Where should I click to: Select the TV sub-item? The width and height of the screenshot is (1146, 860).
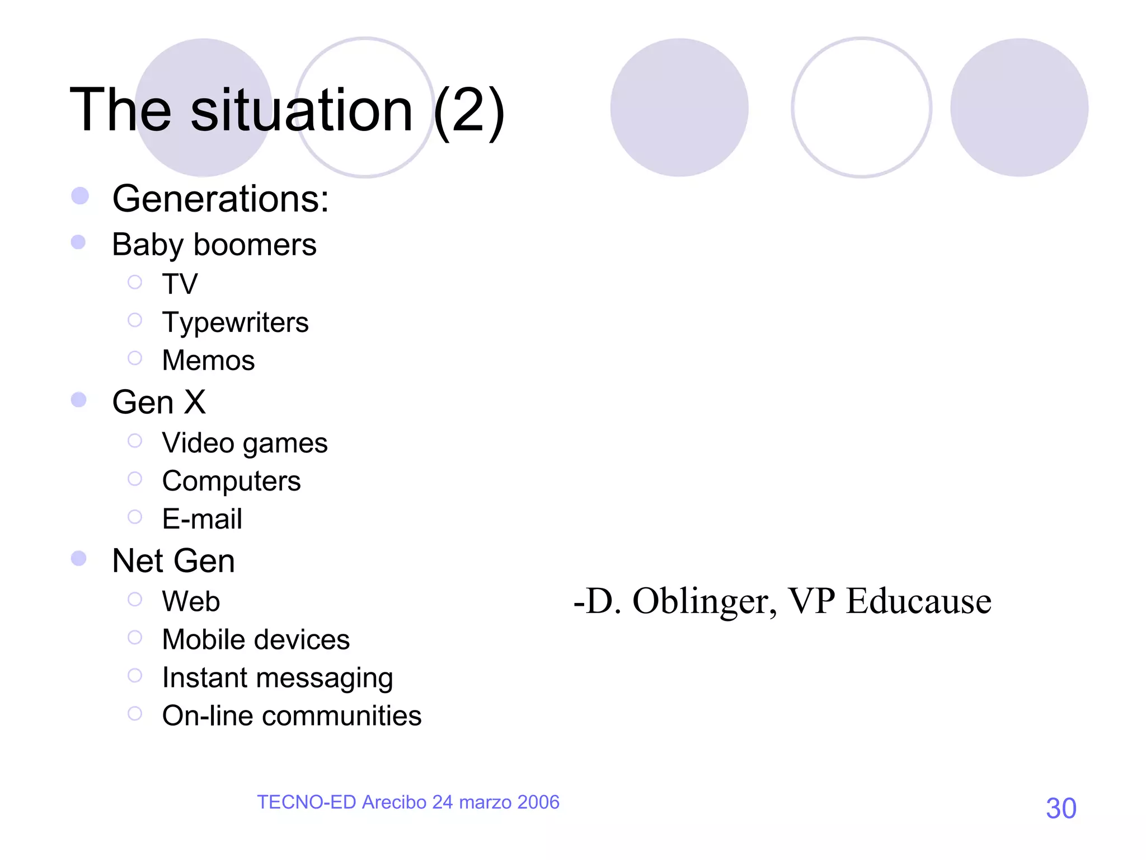coord(180,284)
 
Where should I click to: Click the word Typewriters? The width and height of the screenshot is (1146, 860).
coord(235,322)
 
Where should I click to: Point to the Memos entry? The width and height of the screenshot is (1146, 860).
coord(208,360)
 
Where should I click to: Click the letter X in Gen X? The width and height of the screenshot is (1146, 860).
coord(195,402)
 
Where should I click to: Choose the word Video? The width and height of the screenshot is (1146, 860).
coord(198,443)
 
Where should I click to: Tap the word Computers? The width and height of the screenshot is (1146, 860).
coord(231,481)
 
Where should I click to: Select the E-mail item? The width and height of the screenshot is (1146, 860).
coord(202,519)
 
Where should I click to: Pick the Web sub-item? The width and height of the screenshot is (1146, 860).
coord(191,601)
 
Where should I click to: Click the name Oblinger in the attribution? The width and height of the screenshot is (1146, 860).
coord(704,602)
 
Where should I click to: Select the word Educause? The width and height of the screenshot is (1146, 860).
coord(918,601)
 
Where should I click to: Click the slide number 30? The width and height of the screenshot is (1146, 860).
coord(1061,808)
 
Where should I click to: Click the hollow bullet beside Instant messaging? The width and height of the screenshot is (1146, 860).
coord(135,676)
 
